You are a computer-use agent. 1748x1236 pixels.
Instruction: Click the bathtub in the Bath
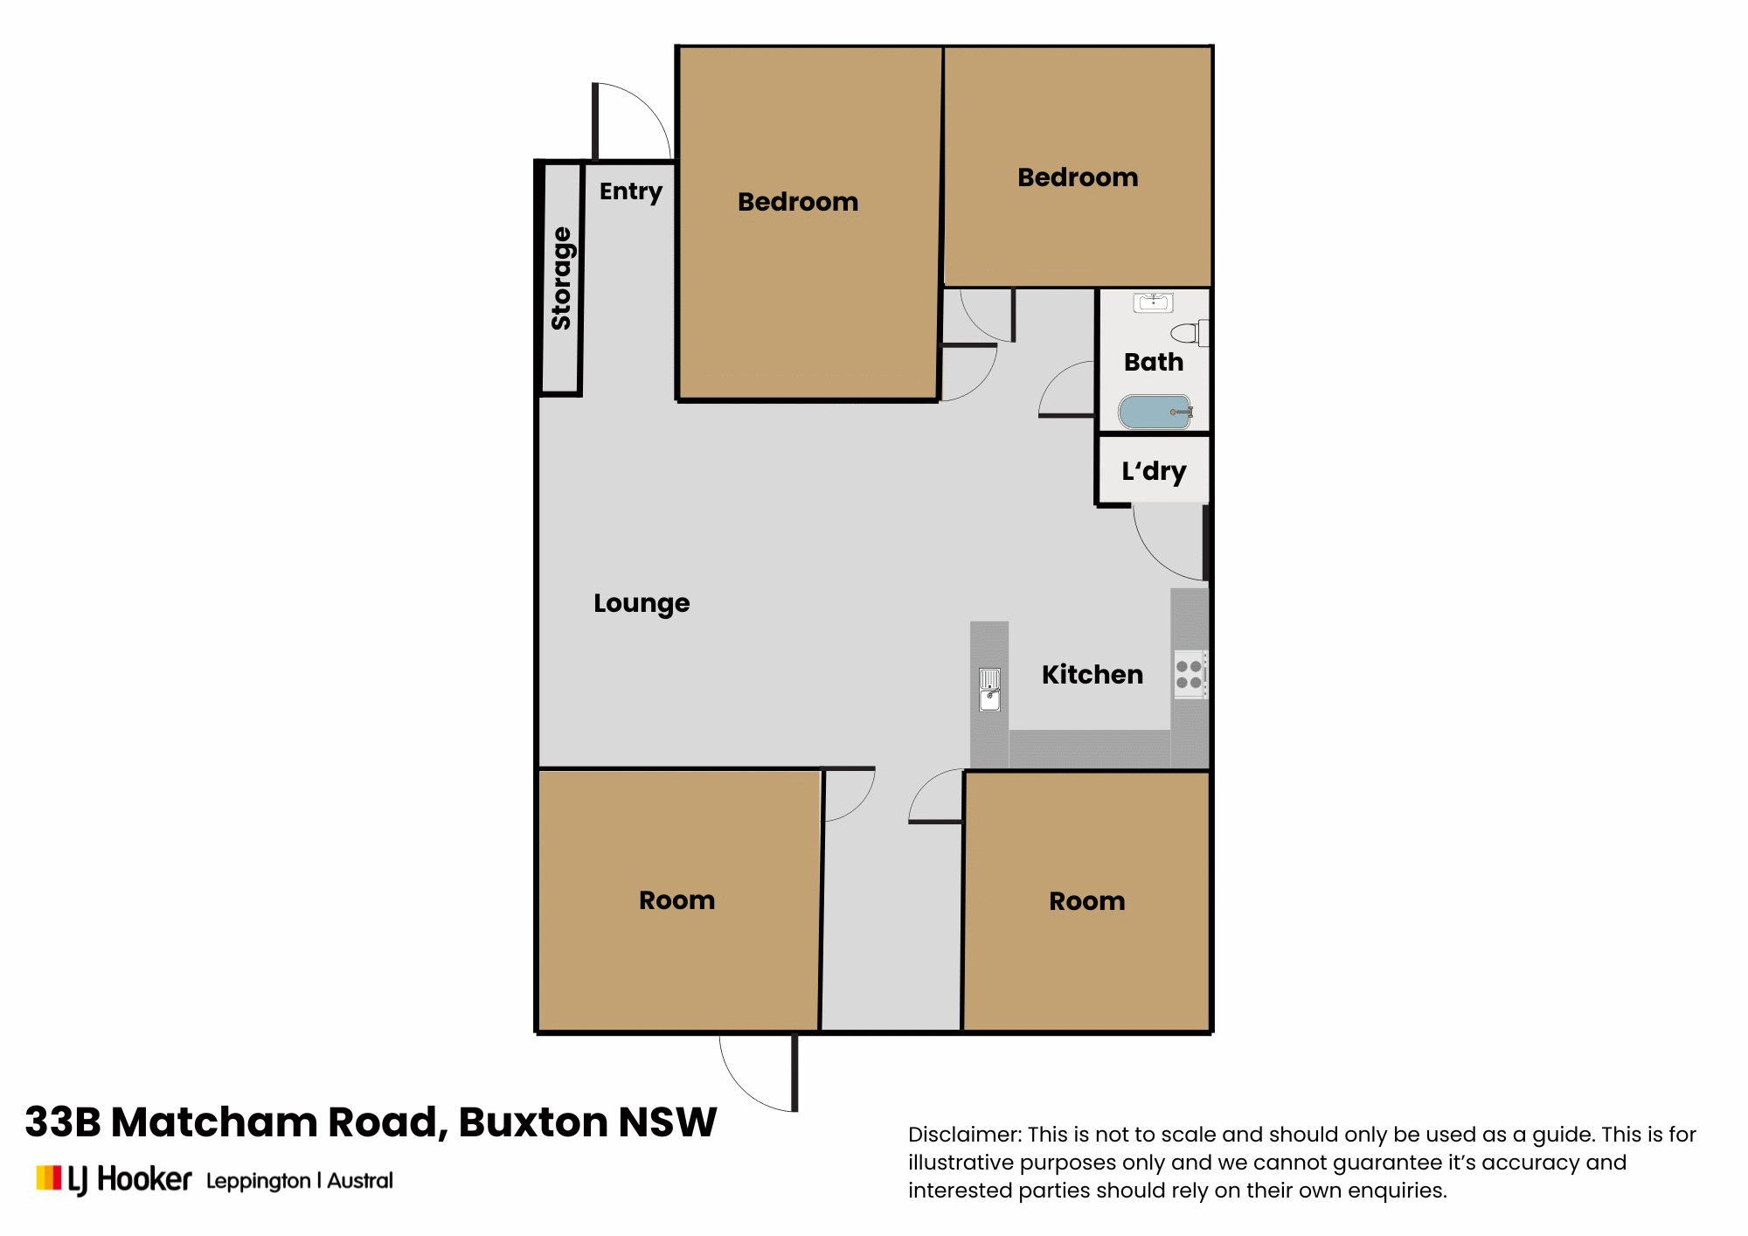[x=1155, y=412]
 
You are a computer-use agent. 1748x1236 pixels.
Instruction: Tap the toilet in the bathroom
[x=1188, y=333]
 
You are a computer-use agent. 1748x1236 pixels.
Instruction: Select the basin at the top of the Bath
[x=1153, y=302]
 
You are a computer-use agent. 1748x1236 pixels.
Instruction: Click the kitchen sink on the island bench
[x=989, y=689]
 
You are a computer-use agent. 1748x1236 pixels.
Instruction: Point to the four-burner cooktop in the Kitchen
[x=1189, y=674]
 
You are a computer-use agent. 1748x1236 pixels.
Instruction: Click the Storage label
[x=561, y=278]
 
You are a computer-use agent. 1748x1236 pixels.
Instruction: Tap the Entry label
[x=630, y=191]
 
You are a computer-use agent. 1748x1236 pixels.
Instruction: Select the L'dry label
[x=1154, y=471]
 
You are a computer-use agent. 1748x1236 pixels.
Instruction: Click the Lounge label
[x=642, y=603]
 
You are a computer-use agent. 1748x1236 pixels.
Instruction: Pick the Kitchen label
[x=1092, y=675]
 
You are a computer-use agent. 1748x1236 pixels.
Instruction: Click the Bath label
[x=1153, y=362]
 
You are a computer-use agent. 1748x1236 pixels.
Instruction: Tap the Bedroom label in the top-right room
[x=1078, y=177]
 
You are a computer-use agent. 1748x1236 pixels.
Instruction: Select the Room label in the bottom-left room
[x=676, y=900]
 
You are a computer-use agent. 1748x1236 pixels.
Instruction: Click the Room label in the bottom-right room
[x=1086, y=901]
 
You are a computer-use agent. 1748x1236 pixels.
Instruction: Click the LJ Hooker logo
[x=114, y=1179]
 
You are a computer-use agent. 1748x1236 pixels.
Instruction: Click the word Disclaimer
[x=964, y=1135]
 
